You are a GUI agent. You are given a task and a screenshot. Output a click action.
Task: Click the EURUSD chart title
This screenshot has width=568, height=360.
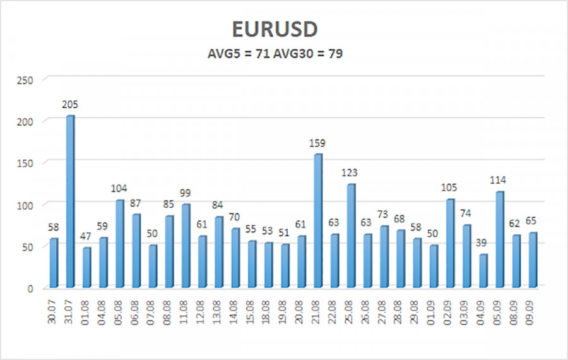283,30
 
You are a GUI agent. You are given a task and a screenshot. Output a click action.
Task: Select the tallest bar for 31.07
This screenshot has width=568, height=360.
70,202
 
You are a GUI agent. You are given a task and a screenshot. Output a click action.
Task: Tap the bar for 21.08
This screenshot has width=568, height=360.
317,221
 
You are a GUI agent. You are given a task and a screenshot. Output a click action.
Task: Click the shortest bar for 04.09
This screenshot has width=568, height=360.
483,272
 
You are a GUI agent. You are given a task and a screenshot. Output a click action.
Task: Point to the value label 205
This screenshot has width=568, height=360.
70,104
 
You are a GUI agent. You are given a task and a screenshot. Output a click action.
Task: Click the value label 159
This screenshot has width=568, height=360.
317,143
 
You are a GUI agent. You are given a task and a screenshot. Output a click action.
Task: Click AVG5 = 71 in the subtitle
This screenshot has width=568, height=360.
236,54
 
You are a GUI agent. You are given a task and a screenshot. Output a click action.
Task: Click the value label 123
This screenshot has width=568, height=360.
351,172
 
